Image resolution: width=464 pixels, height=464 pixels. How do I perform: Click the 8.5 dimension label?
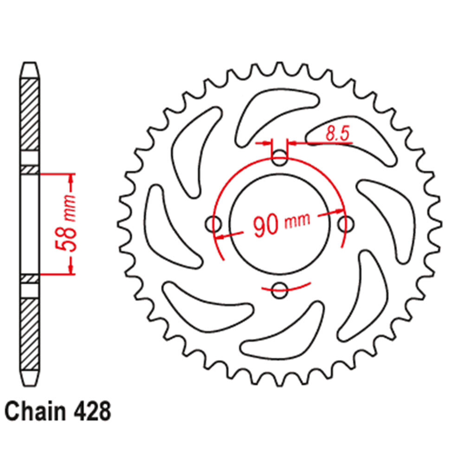(x=338, y=134)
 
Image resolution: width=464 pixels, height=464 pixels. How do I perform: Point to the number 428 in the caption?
(x=92, y=411)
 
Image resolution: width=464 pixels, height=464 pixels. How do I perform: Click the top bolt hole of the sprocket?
(x=279, y=157)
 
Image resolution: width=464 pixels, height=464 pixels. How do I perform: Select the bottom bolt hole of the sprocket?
(x=279, y=290)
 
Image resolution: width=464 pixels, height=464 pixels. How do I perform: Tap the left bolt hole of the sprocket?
(x=213, y=224)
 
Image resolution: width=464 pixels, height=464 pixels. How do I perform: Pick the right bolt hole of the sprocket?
(x=346, y=224)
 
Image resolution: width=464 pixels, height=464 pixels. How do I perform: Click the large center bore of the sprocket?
(x=279, y=224)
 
